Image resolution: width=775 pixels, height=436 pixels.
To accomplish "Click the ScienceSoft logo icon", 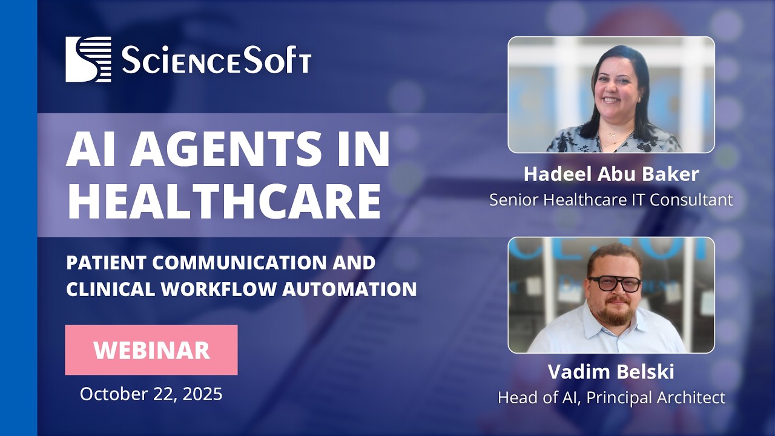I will pyautogui.click(x=88, y=59).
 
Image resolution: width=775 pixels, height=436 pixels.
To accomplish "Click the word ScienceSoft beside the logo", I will pyautogui.click(x=216, y=61).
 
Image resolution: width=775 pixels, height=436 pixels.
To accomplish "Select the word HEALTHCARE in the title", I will pyautogui.click(x=224, y=201).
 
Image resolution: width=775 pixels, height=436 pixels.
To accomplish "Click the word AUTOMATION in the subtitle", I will pyautogui.click(x=349, y=289).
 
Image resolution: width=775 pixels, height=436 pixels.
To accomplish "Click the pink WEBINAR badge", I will pyautogui.click(x=151, y=350).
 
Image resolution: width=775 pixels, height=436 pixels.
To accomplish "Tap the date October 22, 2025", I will pyautogui.click(x=151, y=394).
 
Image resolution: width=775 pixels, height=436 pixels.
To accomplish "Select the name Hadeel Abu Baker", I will pyautogui.click(x=611, y=174).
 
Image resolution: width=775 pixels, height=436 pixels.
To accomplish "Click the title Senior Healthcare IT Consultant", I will pyautogui.click(x=611, y=199).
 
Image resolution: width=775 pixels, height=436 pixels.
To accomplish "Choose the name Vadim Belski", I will pyautogui.click(x=611, y=372).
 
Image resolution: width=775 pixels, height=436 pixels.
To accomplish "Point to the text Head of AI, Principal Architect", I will pyautogui.click(x=611, y=397).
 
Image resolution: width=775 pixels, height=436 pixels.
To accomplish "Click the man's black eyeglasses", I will pyautogui.click(x=614, y=283).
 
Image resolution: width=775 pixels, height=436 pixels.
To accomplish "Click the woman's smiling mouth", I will pyautogui.click(x=612, y=99).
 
